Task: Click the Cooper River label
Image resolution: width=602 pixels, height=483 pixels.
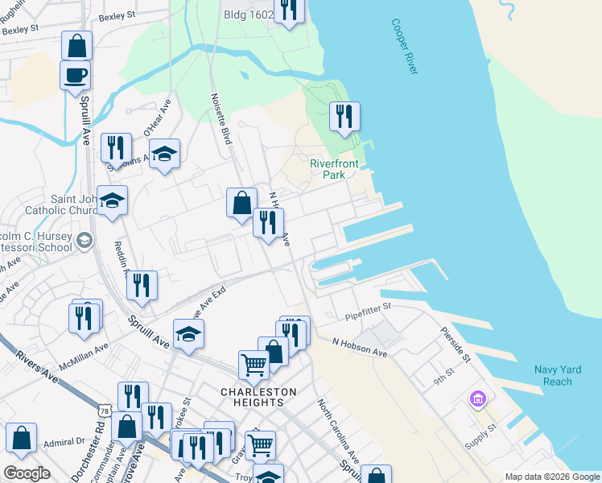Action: [406, 47]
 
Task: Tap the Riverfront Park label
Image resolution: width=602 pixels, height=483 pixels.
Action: [328, 169]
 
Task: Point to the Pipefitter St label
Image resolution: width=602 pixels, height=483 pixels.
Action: [368, 307]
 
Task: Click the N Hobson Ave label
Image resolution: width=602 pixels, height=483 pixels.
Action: [360, 342]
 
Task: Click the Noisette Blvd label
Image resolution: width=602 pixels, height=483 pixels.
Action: [222, 122]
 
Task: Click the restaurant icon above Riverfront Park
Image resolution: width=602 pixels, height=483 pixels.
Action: [344, 116]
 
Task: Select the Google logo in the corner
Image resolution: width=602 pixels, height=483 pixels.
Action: [27, 473]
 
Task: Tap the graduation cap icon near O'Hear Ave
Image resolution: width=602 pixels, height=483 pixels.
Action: [165, 154]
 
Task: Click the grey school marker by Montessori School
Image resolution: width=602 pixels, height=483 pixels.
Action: [84, 241]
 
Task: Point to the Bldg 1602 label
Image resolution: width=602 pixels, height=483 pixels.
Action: [248, 14]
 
